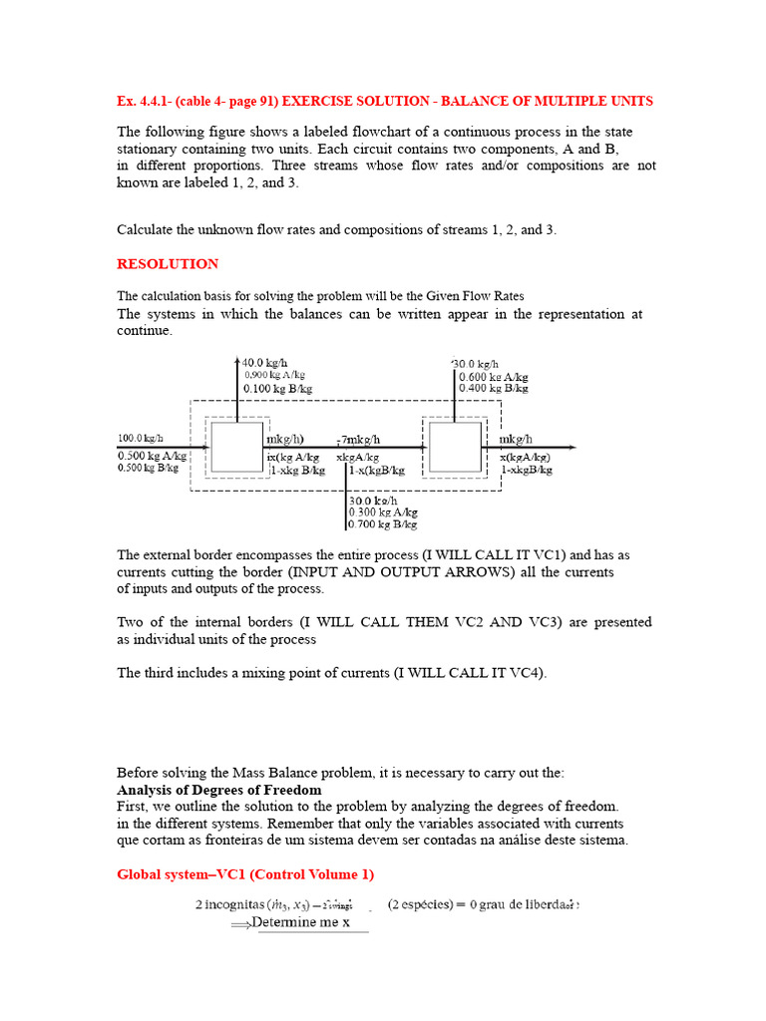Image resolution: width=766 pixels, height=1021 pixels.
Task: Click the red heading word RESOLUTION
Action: coord(168,264)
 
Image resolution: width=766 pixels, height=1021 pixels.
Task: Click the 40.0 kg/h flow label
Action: coord(266,362)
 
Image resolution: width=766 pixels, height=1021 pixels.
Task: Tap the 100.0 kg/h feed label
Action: coord(141,438)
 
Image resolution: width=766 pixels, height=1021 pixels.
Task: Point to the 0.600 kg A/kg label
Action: coord(493,377)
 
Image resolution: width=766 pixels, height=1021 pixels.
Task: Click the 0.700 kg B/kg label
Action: coord(383,523)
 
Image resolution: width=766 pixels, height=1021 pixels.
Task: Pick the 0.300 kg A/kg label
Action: coord(383,511)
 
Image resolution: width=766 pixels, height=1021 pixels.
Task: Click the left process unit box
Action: coord(237,446)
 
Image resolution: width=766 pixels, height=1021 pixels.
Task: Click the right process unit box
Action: coord(455,446)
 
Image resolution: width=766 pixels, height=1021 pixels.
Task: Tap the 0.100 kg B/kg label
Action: coord(277,388)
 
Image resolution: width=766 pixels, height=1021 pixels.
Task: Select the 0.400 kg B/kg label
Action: coord(493,389)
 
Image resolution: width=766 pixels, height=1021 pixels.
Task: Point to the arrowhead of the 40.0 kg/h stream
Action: coord(237,360)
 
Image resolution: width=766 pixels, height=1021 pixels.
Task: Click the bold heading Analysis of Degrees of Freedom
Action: coord(218,790)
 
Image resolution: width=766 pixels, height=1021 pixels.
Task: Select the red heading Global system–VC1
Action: coord(245,874)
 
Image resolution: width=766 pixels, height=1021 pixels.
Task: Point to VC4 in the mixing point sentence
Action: coord(525,673)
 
